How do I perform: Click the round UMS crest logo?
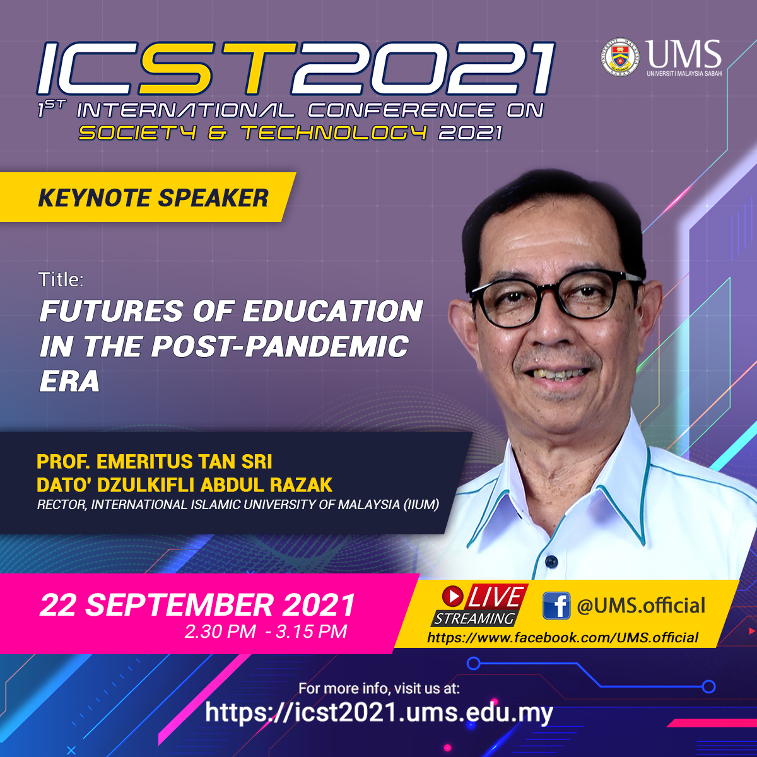click(x=620, y=57)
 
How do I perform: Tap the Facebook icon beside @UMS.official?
click(x=556, y=606)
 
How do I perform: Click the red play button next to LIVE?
click(x=452, y=596)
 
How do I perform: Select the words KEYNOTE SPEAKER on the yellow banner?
click(x=153, y=197)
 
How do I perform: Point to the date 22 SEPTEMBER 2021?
click(x=197, y=606)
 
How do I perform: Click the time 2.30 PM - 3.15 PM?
click(x=266, y=631)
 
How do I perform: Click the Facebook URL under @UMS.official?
click(x=563, y=638)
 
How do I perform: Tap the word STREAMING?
click(x=474, y=618)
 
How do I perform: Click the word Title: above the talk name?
click(x=61, y=279)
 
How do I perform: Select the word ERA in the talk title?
click(x=69, y=381)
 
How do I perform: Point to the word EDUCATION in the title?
click(x=332, y=311)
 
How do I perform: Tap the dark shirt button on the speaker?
click(x=551, y=561)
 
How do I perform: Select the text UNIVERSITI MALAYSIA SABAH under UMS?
click(x=684, y=73)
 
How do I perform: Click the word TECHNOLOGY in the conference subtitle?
click(x=334, y=132)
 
